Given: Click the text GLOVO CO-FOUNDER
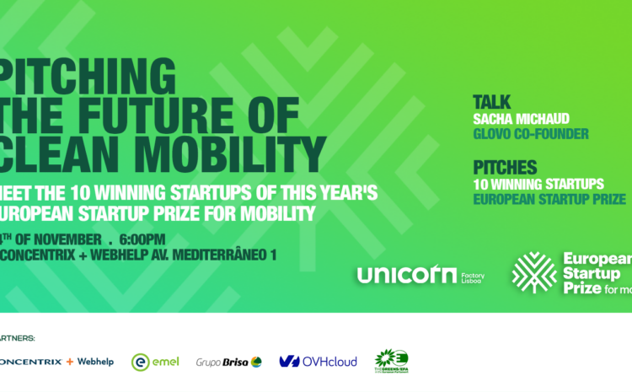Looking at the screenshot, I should coord(530,134).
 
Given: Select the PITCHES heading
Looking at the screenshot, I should coord(505,168).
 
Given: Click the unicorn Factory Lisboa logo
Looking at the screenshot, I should coord(420,275).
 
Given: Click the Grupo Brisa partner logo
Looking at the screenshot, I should coord(228,361).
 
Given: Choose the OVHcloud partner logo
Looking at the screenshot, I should coord(318,361).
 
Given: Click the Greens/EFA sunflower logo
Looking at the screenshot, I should coord(391,361).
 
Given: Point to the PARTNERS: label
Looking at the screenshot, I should coord(17,337).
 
